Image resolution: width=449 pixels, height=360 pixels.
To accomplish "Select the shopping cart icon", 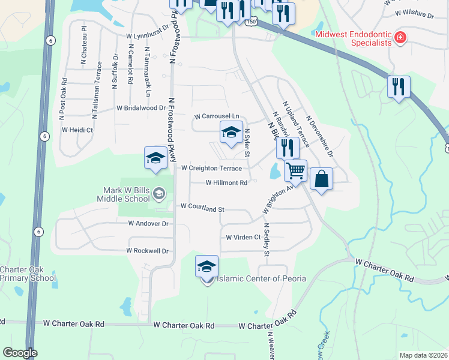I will click(295, 171).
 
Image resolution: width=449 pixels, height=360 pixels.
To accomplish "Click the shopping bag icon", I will click(322, 179).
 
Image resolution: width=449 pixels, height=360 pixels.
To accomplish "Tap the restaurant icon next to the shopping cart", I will click(288, 146).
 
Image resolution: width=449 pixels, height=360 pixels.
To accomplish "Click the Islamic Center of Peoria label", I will click(261, 278).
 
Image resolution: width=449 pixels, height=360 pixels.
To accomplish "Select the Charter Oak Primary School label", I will click(28, 274).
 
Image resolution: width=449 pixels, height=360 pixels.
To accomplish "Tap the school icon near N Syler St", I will click(231, 133).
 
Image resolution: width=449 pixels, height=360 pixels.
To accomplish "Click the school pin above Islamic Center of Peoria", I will click(206, 265).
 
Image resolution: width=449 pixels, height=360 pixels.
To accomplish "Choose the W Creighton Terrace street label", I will click(211, 169).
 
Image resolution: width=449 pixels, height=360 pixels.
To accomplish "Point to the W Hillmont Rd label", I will click(226, 183).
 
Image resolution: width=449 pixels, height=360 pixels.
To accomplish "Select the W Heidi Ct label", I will click(76, 130).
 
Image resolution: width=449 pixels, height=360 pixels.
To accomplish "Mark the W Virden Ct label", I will click(243, 238).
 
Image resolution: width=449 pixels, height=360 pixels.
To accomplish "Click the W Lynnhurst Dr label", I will click(148, 36).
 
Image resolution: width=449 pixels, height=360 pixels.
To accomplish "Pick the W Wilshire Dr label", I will click(414, 12).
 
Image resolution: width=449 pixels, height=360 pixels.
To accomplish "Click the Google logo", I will click(20, 353).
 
